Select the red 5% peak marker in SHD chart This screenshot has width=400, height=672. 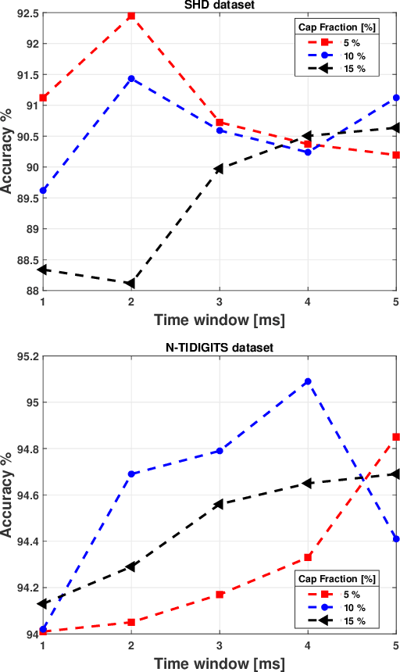[131, 16]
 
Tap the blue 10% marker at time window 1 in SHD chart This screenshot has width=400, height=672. [43, 191]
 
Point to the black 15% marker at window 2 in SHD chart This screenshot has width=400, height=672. [130, 283]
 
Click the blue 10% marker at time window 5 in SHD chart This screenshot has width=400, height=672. [396, 98]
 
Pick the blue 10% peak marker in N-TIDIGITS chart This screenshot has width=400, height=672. [308, 381]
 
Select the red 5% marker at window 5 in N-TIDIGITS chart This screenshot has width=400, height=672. [396, 437]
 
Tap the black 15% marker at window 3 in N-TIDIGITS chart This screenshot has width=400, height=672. [219, 504]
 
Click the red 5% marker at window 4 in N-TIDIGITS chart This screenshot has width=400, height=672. [308, 557]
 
